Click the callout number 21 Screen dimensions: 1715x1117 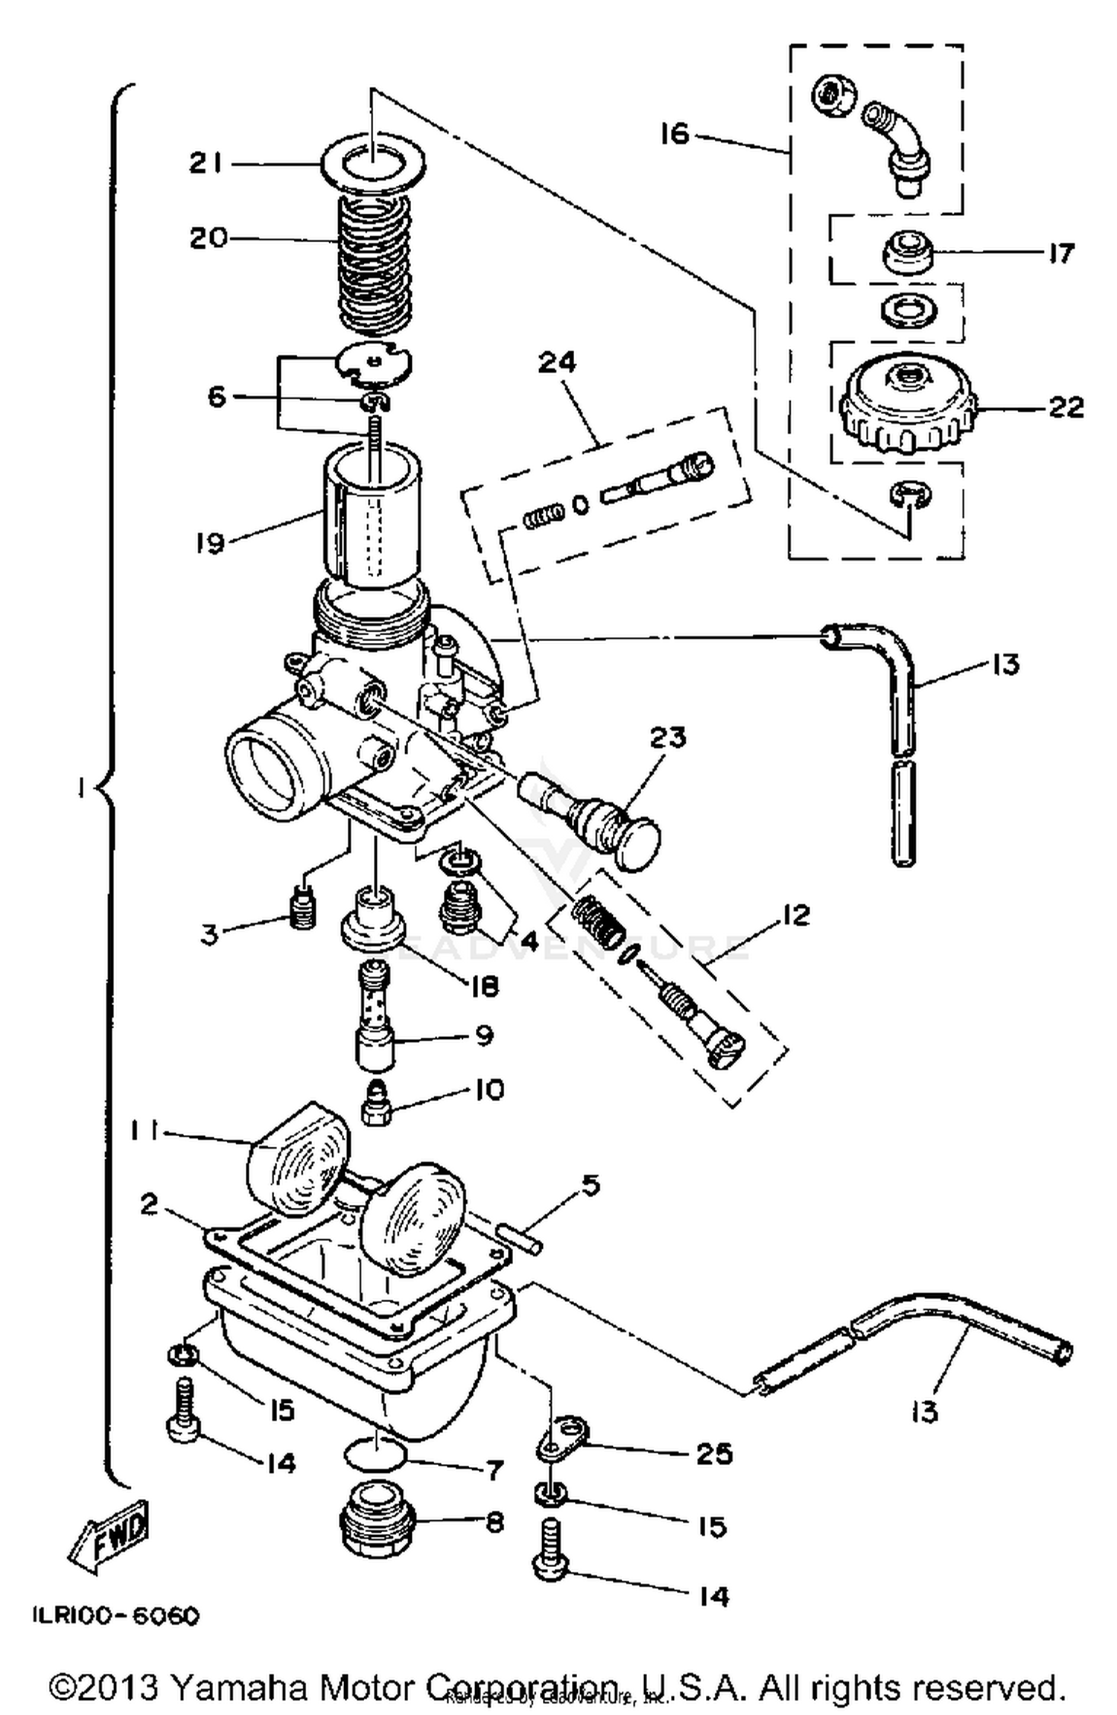(x=206, y=162)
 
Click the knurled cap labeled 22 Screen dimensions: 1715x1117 (x=906, y=404)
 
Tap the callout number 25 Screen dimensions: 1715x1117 (x=713, y=1452)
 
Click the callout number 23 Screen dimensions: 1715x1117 (x=667, y=738)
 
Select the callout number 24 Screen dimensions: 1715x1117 (x=557, y=363)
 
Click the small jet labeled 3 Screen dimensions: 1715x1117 (x=302, y=910)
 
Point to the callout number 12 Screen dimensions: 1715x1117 (x=795, y=914)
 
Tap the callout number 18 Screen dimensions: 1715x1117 (x=484, y=986)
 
